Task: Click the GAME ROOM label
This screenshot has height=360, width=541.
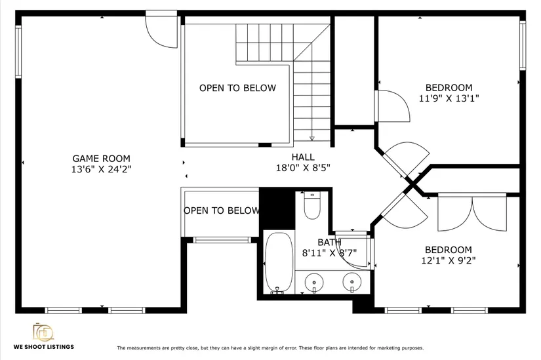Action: pyautogui.click(x=101, y=159)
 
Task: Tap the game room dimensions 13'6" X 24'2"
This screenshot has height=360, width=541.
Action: pyautogui.click(x=102, y=169)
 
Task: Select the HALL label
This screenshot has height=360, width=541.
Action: pyautogui.click(x=303, y=157)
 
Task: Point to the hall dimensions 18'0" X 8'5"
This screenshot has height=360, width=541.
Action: pyautogui.click(x=303, y=168)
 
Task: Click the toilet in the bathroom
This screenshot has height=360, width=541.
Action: pyautogui.click(x=312, y=205)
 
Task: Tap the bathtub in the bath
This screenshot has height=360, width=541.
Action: pyautogui.click(x=279, y=263)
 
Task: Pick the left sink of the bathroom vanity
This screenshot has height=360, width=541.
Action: pyautogui.click(x=314, y=283)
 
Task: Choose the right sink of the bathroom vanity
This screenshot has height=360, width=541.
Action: pyautogui.click(x=352, y=283)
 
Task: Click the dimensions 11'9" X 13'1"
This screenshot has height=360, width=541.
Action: pyautogui.click(x=449, y=99)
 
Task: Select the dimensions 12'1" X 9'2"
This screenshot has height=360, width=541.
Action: pyautogui.click(x=449, y=260)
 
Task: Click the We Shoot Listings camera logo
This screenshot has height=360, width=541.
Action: pyautogui.click(x=43, y=332)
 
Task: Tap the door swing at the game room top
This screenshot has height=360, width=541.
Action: pyautogui.click(x=161, y=31)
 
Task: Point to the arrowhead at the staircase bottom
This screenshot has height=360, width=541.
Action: pyautogui.click(x=312, y=138)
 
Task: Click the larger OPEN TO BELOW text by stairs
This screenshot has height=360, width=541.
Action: pyautogui.click(x=238, y=88)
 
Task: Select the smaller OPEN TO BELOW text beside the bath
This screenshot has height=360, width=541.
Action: pyautogui.click(x=222, y=210)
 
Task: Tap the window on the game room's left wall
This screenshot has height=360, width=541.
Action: pyautogui.click(x=18, y=52)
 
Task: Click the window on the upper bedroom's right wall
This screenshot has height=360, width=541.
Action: pyautogui.click(x=523, y=45)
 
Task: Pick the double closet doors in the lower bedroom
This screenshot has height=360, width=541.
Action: pyautogui.click(x=472, y=213)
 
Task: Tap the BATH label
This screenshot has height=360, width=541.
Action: pyautogui.click(x=329, y=243)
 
